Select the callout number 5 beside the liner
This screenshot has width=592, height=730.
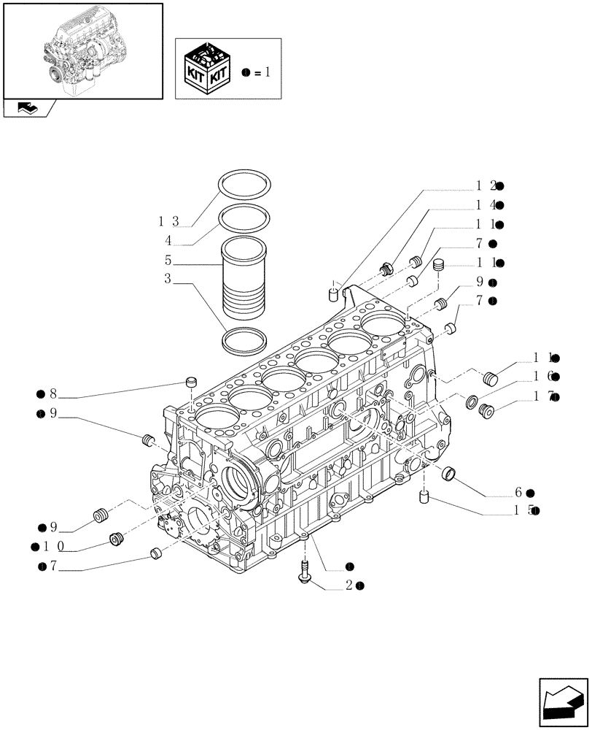[x=168, y=259]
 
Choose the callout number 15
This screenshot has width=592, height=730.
[x=523, y=511]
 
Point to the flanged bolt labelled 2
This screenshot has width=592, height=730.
[x=305, y=572]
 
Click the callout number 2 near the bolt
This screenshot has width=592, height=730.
[x=350, y=585]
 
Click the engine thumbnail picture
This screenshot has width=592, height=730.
[x=82, y=50]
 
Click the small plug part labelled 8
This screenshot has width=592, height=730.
[x=192, y=382]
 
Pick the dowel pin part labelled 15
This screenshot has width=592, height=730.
[x=422, y=498]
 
